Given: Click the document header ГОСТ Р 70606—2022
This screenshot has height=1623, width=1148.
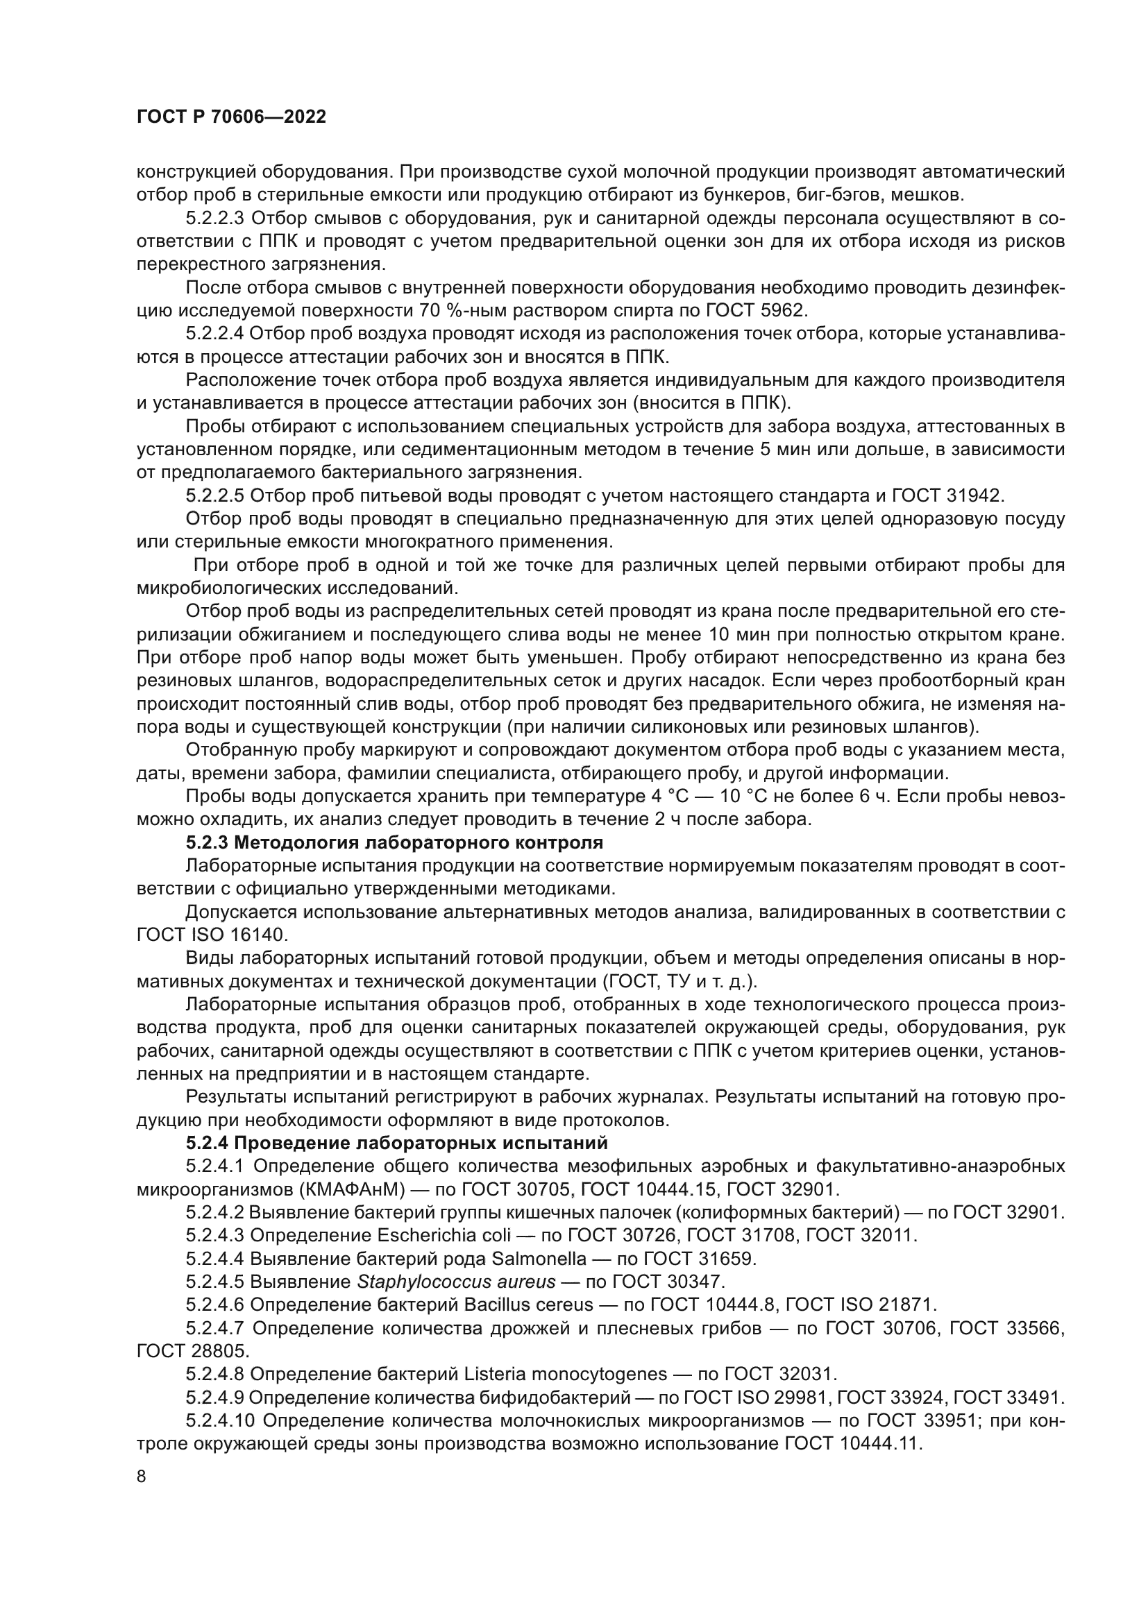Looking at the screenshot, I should (x=231, y=117).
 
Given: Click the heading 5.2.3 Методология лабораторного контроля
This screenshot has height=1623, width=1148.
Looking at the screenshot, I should (x=394, y=842).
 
